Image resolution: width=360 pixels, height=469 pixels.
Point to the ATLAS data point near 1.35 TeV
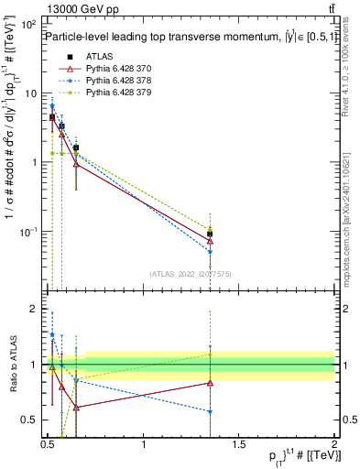211,234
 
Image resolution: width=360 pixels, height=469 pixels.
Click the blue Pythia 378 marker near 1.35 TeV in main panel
211,251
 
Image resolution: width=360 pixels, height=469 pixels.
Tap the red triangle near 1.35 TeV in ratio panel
211,383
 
